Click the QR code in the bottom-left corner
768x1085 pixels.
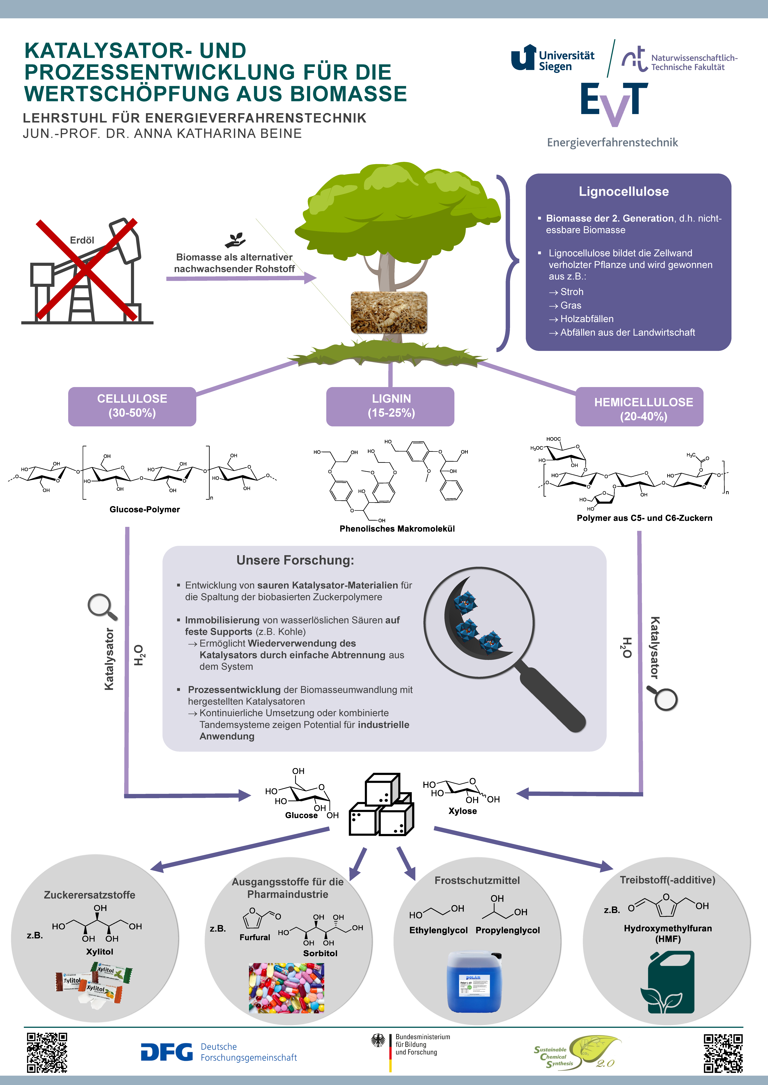(47, 1052)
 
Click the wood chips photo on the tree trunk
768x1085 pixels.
(389, 312)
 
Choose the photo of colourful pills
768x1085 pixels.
(287, 988)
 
